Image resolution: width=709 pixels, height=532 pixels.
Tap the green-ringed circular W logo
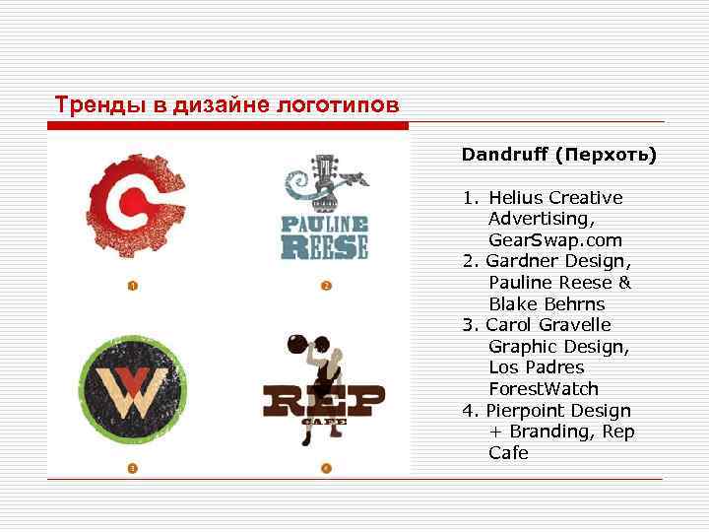click(x=128, y=388)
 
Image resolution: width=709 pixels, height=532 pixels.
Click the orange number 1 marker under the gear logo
click(x=131, y=286)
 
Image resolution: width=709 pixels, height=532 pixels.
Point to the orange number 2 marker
click(x=326, y=286)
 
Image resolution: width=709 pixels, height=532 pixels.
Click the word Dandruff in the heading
click(x=505, y=155)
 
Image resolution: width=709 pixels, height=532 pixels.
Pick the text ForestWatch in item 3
click(x=544, y=389)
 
